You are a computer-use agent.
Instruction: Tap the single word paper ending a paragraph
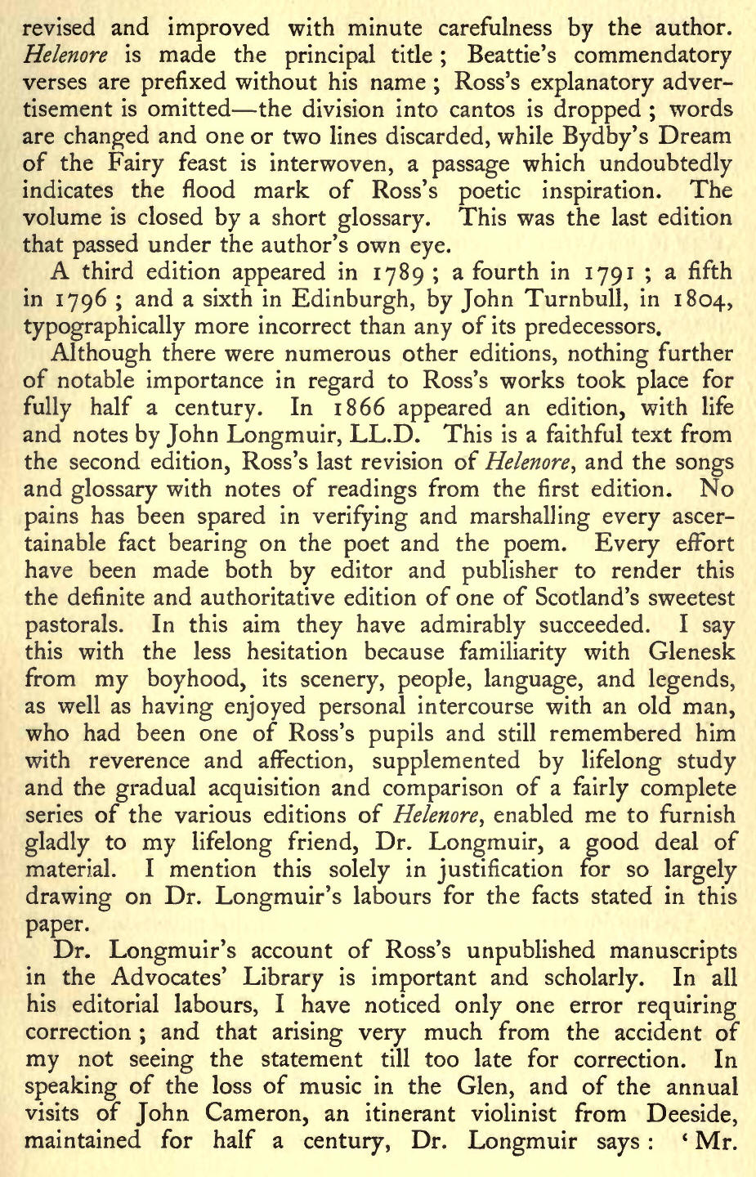click(52, 924)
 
